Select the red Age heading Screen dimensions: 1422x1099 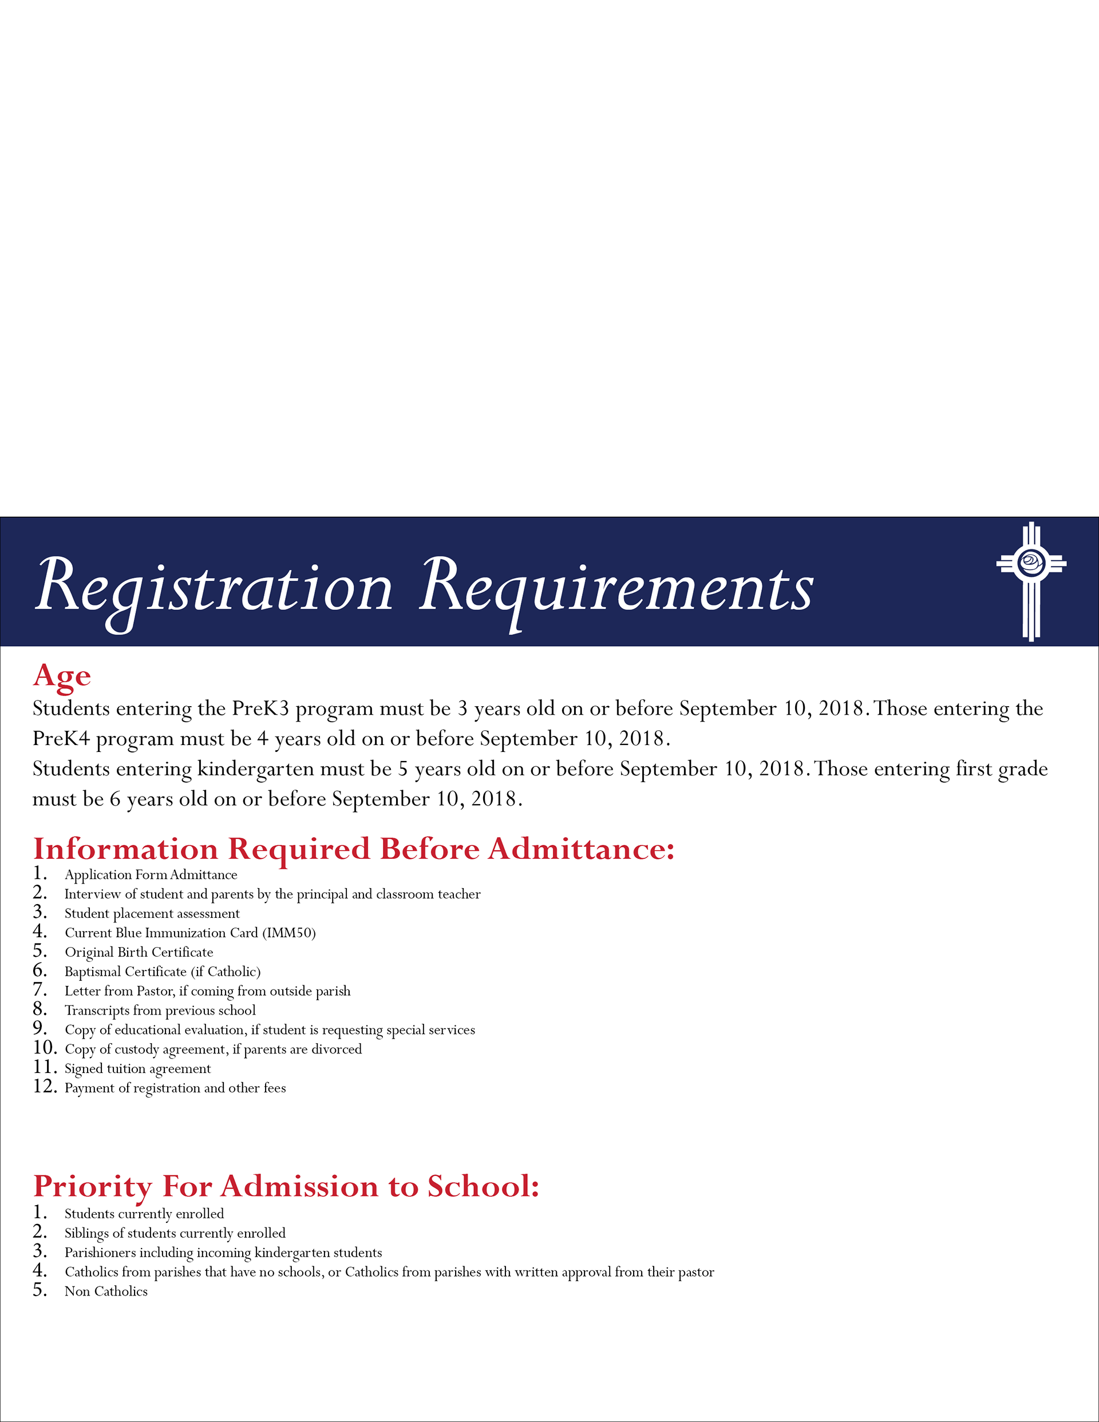point(62,676)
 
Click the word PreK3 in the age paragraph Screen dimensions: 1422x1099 point(260,708)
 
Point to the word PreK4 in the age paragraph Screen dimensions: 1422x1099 point(61,738)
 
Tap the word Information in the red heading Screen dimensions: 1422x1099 point(125,849)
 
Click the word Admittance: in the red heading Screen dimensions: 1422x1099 point(581,849)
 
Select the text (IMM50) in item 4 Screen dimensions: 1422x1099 point(288,933)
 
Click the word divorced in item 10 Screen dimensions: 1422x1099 point(336,1049)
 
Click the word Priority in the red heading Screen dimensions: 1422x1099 point(92,1186)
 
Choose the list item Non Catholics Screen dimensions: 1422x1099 point(105,1291)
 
